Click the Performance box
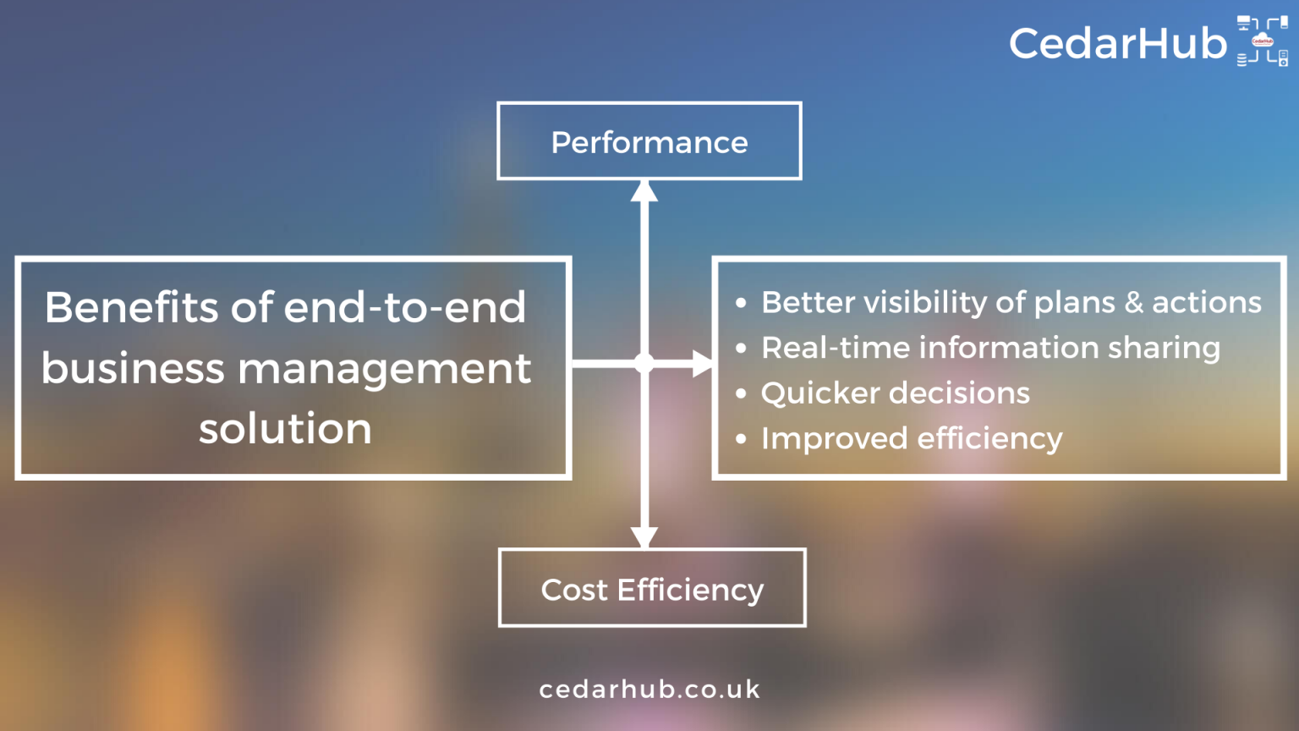649,141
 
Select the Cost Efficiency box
651,589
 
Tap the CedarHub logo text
1117,43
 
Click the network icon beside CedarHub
1262,41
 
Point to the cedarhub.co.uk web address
649,690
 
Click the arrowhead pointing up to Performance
644,190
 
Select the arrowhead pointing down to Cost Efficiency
644,537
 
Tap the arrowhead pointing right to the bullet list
703,364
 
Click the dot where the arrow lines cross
644,364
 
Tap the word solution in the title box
285,429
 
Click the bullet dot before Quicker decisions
741,393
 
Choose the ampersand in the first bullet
1133,303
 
